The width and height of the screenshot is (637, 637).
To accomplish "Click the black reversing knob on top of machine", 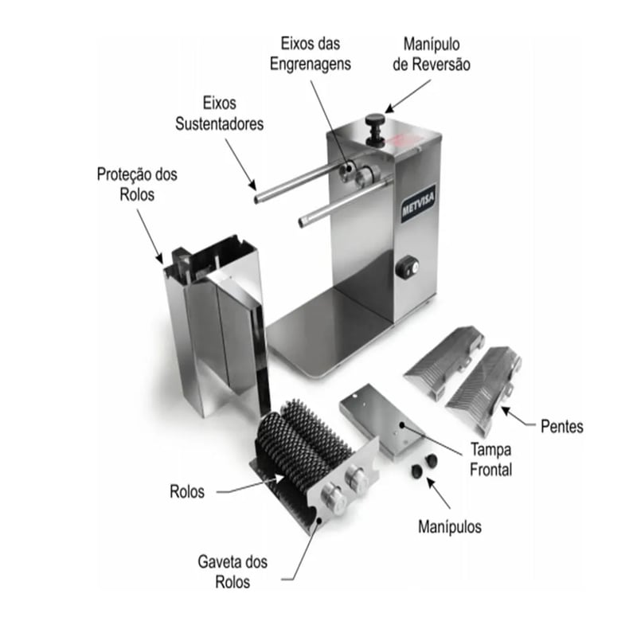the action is [x=375, y=129].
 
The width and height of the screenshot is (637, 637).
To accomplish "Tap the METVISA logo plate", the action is [x=418, y=206].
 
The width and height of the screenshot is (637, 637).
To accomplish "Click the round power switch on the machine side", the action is [x=408, y=268].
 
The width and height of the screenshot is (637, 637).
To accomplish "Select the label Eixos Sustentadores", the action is [x=220, y=113].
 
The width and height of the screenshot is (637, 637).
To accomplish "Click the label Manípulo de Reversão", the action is [x=432, y=54].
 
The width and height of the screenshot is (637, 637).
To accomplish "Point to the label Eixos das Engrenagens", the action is [x=311, y=53].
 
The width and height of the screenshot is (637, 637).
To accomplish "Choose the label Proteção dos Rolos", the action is [x=137, y=184].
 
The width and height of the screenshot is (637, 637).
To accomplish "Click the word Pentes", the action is [x=562, y=426].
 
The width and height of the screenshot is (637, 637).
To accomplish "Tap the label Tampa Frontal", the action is [x=490, y=459].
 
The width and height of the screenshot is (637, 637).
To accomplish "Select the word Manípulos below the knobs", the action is [x=450, y=526].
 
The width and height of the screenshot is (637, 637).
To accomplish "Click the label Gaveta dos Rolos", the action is [x=233, y=572].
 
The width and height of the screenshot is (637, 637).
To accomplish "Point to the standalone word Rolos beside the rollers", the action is [x=187, y=491].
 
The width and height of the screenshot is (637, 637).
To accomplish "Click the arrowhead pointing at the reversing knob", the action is [x=389, y=108].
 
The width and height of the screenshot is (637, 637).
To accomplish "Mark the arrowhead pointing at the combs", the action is [x=506, y=411].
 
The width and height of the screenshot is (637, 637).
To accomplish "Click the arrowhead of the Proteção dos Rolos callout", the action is [x=160, y=259].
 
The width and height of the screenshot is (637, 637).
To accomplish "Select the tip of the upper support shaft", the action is [x=257, y=200].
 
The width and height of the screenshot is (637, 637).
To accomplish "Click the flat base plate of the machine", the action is [x=329, y=329].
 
